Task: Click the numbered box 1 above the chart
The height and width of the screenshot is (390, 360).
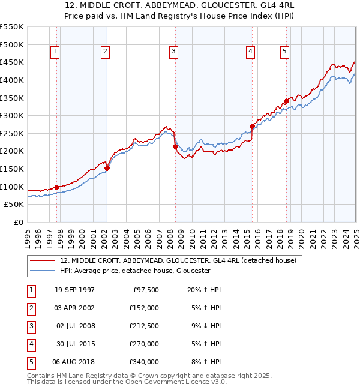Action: point(55,52)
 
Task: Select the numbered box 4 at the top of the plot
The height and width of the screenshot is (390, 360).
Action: point(249,52)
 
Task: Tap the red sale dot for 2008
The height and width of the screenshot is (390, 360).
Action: point(175,146)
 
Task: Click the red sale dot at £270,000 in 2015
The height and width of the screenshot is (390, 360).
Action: point(252,127)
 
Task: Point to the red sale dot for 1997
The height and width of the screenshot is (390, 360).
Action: point(56,187)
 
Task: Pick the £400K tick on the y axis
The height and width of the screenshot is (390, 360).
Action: point(13,80)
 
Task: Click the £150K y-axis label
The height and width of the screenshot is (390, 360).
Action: point(13,169)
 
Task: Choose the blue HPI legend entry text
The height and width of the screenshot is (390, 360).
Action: point(134,271)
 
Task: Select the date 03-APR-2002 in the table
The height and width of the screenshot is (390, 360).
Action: point(74,308)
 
